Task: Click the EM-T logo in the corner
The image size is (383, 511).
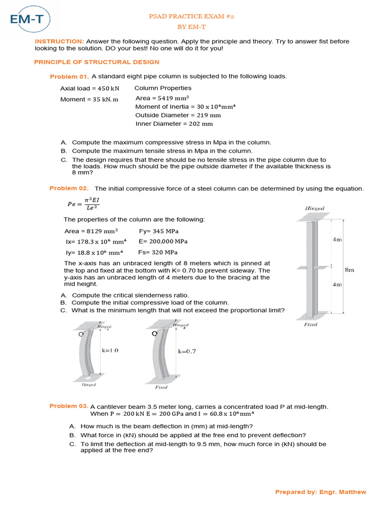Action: [x=29, y=19]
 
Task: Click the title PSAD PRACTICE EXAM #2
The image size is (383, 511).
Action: [x=191, y=16]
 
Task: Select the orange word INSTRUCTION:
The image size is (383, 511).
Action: [x=59, y=41]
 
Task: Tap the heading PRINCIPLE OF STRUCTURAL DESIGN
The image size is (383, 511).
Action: [x=96, y=62]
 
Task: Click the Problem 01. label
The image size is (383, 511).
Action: [x=69, y=77]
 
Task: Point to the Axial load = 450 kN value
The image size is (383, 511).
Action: [x=90, y=88]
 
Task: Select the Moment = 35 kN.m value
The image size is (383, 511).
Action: [x=89, y=99]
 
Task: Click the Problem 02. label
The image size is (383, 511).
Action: [x=69, y=188]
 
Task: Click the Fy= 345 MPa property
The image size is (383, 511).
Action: [x=159, y=232]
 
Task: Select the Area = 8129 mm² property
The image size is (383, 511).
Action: [x=91, y=232]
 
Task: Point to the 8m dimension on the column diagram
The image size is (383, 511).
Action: [x=349, y=269]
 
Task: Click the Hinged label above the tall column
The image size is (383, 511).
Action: [x=314, y=208]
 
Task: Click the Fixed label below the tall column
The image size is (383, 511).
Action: [x=311, y=324]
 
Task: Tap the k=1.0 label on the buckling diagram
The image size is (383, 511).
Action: [x=110, y=350]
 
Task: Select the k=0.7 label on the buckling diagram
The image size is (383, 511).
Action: [x=187, y=351]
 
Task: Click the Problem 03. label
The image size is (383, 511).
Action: [x=69, y=406]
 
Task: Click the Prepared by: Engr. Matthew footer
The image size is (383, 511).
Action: [x=321, y=492]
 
